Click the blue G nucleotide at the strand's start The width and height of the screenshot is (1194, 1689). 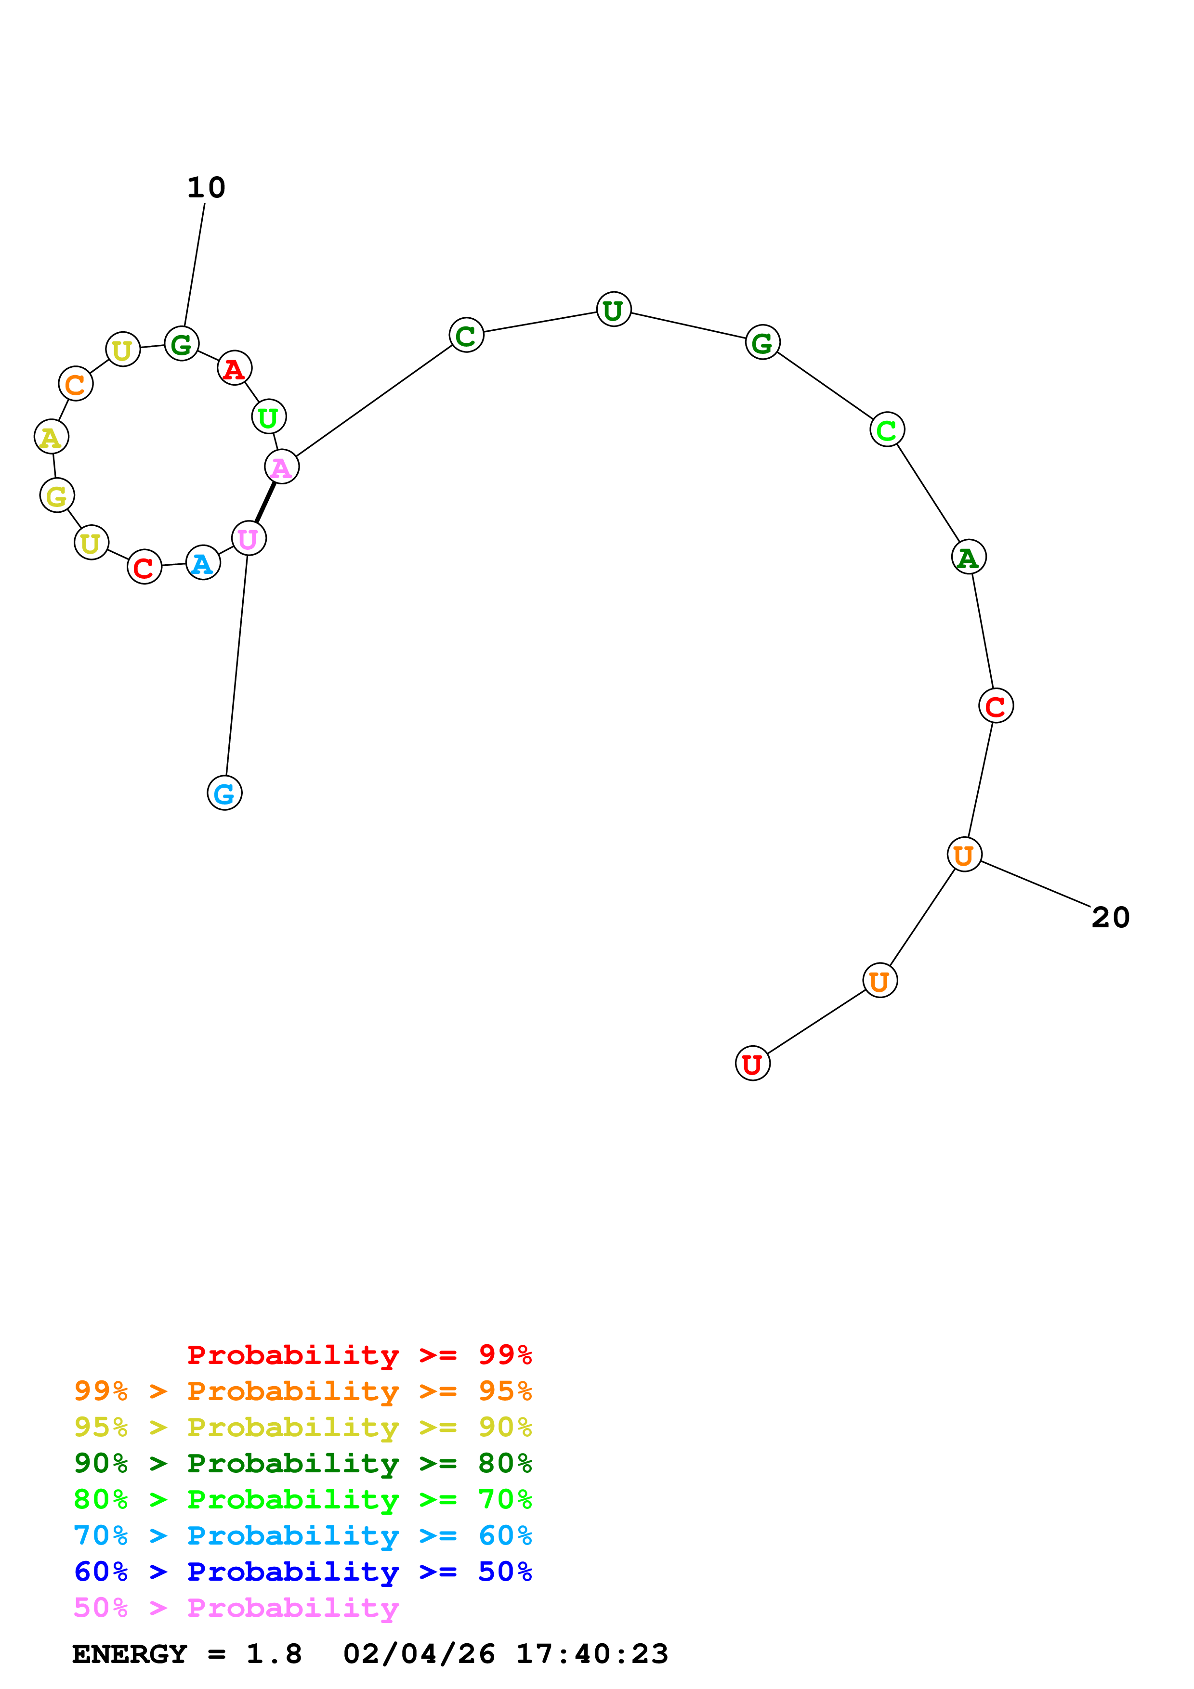point(224,793)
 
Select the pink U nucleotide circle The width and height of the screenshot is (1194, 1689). point(249,538)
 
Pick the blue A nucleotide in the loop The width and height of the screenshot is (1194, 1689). point(203,563)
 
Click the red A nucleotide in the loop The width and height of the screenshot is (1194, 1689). point(235,368)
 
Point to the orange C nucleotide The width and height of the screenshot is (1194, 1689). point(76,383)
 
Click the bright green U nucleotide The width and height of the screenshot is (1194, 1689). point(269,417)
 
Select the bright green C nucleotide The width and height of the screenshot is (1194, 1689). point(887,429)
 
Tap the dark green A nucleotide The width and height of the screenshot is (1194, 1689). point(969,557)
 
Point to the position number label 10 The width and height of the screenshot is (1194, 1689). point(206,188)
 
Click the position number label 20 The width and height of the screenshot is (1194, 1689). point(1110,917)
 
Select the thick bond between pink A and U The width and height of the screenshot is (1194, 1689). point(265,503)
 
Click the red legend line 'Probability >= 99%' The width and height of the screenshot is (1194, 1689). point(359,1354)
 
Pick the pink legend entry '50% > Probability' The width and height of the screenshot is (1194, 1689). point(236,1607)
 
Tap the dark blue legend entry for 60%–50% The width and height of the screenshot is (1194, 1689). point(302,1572)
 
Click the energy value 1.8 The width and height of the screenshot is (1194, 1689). point(274,1654)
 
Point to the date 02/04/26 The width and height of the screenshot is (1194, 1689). point(419,1654)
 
